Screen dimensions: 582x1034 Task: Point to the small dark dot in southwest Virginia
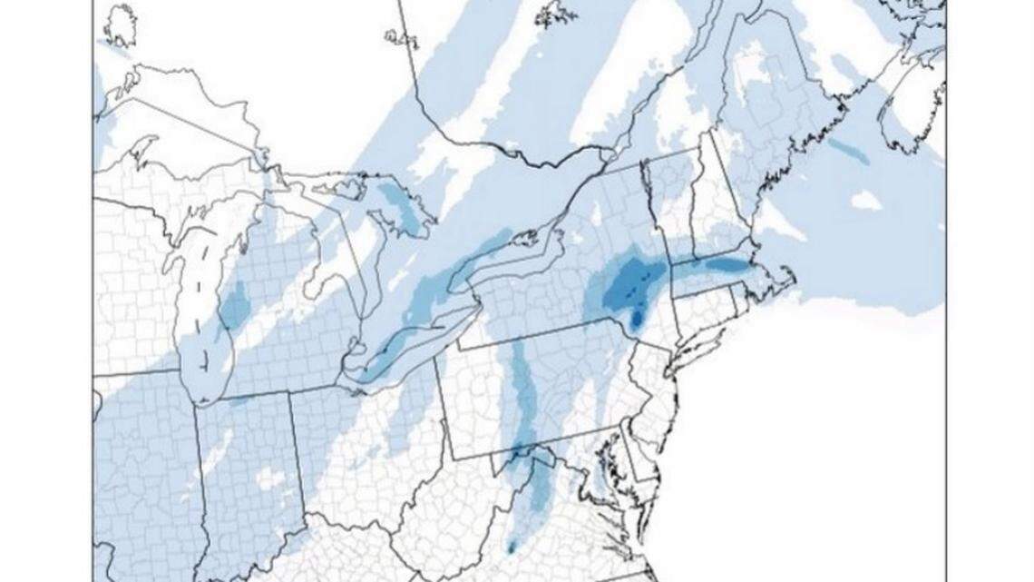coord(512,547)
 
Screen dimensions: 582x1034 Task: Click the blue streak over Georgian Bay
coord(399,205)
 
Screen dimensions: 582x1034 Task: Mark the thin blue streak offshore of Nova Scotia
coord(847,151)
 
